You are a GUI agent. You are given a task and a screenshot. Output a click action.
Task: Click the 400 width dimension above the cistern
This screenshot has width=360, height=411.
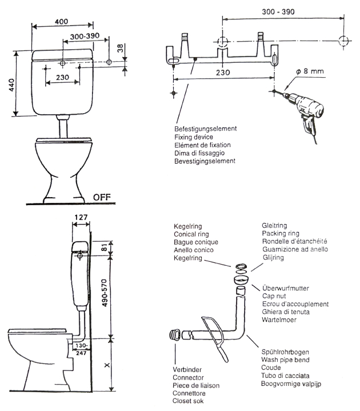(x=62, y=21)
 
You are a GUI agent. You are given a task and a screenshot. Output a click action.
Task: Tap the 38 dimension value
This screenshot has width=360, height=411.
(x=119, y=49)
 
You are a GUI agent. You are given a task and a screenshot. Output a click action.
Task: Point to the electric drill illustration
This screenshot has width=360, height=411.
(x=303, y=112)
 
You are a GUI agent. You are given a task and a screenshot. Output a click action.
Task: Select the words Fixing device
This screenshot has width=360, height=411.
(x=193, y=137)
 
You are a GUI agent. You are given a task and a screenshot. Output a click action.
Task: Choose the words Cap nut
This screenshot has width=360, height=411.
(x=275, y=296)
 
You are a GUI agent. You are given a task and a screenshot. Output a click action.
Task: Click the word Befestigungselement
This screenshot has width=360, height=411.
(x=205, y=129)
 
